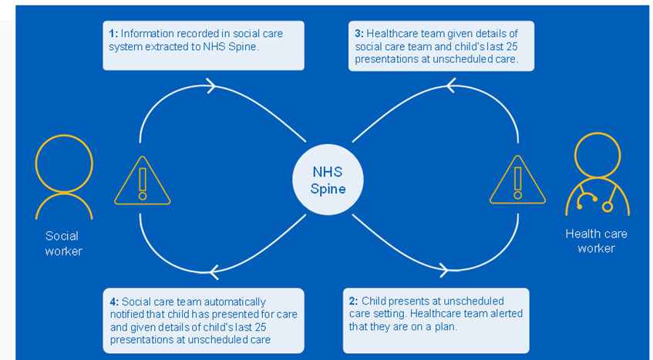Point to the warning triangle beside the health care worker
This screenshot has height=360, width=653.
click(517, 181)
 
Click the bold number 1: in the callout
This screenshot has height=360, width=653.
click(113, 33)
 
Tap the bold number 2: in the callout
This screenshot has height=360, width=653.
click(353, 301)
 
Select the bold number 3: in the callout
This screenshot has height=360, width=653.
click(358, 33)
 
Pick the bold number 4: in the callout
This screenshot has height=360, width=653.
click(113, 301)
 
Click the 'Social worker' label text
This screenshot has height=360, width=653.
click(62, 243)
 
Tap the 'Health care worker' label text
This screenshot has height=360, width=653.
click(596, 241)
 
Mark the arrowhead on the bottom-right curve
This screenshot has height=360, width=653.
click(443, 269)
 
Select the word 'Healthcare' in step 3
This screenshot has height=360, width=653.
click(392, 33)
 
